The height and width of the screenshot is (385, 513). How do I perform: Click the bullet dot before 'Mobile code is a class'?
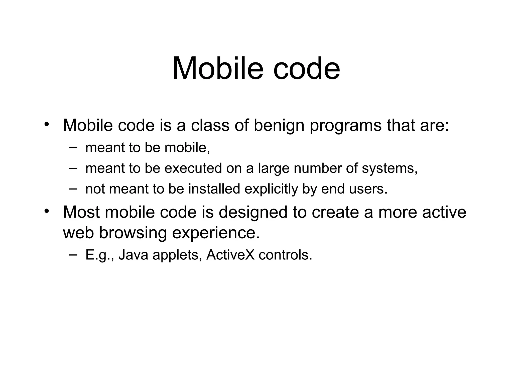46,124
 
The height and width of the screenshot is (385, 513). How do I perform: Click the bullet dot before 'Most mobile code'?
46,211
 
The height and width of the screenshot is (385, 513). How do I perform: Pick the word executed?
193,168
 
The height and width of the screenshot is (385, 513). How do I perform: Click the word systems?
390,168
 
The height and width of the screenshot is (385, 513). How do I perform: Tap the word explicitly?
271,189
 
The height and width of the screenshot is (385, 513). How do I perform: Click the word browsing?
133,233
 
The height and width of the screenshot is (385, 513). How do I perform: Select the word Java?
133,255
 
